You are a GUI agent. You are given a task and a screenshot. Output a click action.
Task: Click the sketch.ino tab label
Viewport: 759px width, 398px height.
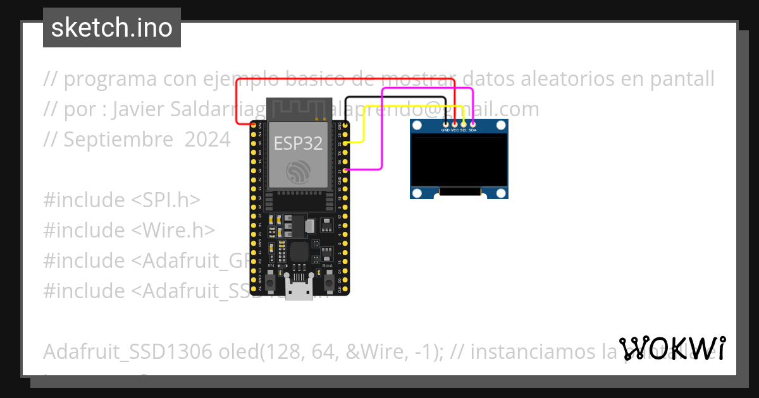pyautogui.click(x=111, y=28)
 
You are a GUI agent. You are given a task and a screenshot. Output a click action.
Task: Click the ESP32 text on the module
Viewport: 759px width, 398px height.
pyautogui.click(x=298, y=143)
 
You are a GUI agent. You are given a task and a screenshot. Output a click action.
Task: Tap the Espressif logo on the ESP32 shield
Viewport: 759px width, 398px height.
pyautogui.click(x=298, y=171)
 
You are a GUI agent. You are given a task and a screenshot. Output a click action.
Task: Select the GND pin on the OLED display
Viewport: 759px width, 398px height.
pyautogui.click(x=446, y=124)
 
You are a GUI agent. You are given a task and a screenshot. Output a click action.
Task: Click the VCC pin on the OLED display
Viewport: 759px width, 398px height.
pyautogui.click(x=455, y=124)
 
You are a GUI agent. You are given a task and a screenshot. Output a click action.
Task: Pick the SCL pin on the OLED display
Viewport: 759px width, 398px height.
pyautogui.click(x=464, y=124)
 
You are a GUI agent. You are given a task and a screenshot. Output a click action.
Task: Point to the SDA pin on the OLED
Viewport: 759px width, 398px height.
pyautogui.click(x=472, y=124)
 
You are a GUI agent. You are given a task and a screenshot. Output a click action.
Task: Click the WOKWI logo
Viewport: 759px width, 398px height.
pyautogui.click(x=672, y=349)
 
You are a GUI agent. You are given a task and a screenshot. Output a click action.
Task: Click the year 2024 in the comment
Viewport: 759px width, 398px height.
pyautogui.click(x=207, y=140)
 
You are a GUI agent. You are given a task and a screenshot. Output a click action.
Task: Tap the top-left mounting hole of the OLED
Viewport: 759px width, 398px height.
pyautogui.click(x=417, y=126)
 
